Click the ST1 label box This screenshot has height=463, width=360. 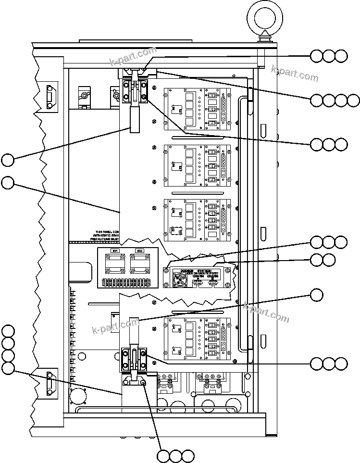point(115,251)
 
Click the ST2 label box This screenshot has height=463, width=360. point(139,251)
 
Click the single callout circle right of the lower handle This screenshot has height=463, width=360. point(316,294)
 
